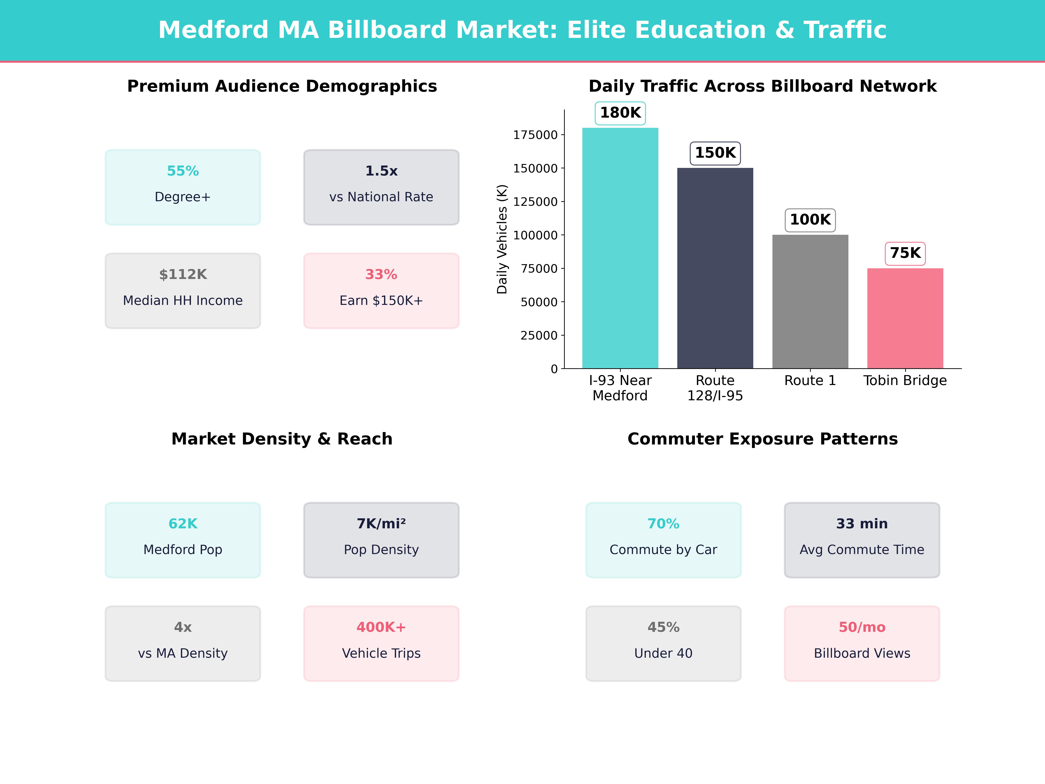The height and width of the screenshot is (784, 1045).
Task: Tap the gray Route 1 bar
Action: [810, 301]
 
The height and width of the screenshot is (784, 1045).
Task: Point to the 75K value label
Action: [905, 253]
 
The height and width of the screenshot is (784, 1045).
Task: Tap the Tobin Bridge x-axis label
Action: [905, 380]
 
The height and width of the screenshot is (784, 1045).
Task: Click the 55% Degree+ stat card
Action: [183, 187]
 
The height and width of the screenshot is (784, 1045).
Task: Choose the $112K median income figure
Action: [183, 275]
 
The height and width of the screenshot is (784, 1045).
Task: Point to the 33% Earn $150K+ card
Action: [381, 291]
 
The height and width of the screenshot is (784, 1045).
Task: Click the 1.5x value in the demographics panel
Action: [381, 171]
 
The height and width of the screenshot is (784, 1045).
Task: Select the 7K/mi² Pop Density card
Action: [381, 540]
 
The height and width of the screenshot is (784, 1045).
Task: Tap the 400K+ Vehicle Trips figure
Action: [381, 627]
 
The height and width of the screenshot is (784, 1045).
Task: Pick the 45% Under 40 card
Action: [663, 643]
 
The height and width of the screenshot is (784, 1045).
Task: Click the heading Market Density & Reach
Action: [282, 439]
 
